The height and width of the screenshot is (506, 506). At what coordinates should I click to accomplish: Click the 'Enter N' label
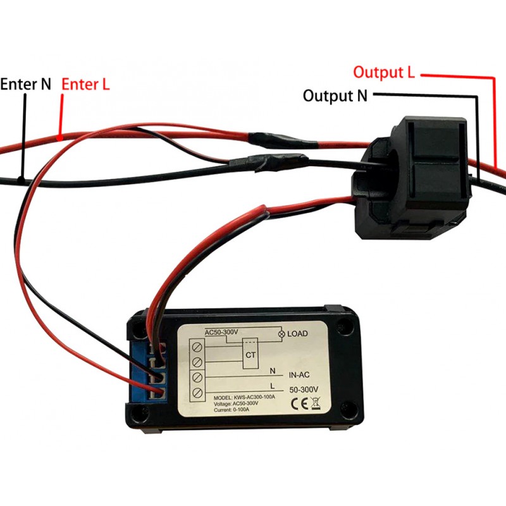click(25, 84)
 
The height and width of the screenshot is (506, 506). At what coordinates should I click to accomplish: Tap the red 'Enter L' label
click(85, 84)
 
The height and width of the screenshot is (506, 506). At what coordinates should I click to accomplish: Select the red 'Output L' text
click(384, 72)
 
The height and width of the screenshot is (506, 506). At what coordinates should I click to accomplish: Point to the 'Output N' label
click(335, 96)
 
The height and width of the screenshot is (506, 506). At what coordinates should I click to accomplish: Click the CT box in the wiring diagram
click(250, 355)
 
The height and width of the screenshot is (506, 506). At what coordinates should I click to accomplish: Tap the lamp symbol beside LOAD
click(281, 333)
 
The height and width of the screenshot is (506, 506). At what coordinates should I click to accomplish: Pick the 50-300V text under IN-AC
click(302, 389)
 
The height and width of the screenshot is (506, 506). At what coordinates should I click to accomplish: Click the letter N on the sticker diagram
click(272, 371)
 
